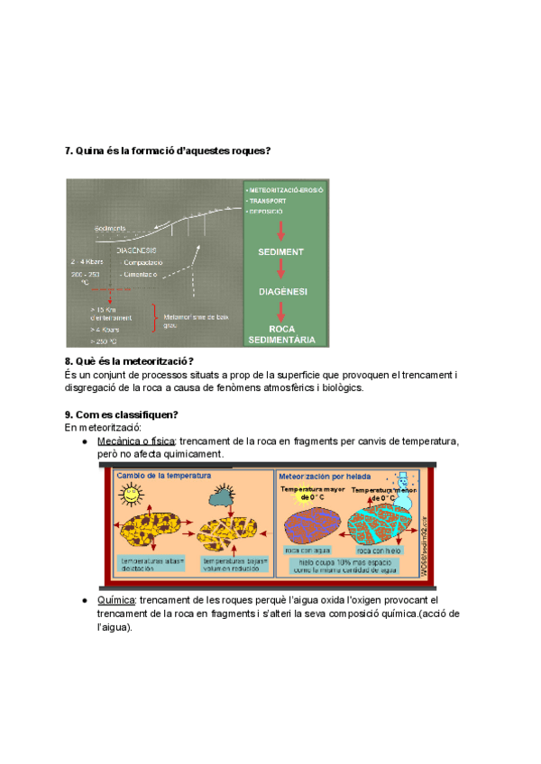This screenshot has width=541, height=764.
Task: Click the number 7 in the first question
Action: coord(69,150)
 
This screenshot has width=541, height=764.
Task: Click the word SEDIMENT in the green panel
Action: coord(280,251)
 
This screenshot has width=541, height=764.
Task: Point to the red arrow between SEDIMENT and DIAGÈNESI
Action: coord(280,271)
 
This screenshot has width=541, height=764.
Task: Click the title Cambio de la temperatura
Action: coord(163,475)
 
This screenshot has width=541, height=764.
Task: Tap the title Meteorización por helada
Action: coord(325,475)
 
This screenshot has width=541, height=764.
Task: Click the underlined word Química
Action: coord(114,600)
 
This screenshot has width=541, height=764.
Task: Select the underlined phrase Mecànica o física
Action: coord(136,441)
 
